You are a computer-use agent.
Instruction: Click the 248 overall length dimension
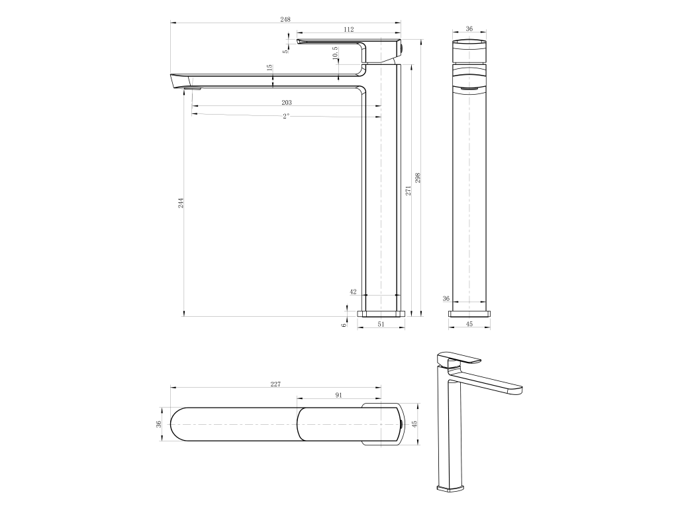click(x=285, y=19)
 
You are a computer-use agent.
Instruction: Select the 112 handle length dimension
click(x=348, y=29)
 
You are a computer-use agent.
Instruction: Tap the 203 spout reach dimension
click(x=287, y=103)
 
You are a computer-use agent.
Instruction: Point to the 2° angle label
click(x=286, y=116)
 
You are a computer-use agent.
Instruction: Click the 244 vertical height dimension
click(x=181, y=203)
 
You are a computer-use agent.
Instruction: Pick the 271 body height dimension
click(x=408, y=190)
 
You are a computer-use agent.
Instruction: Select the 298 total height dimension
click(x=418, y=178)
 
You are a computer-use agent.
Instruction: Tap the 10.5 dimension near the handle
click(x=336, y=54)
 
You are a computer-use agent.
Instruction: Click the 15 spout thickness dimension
click(x=269, y=68)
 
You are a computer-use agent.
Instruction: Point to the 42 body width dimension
click(x=353, y=292)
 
